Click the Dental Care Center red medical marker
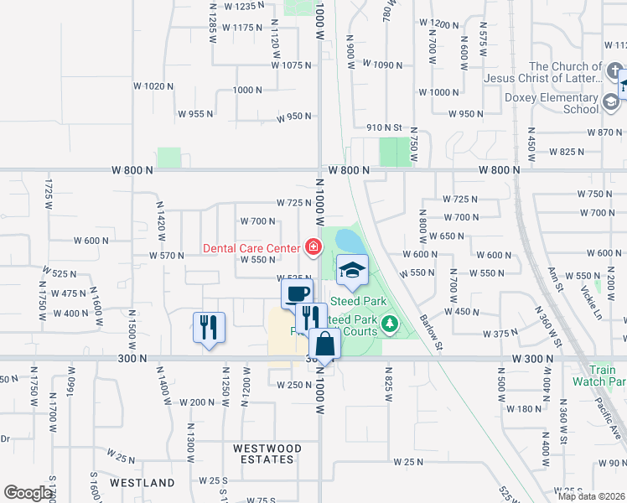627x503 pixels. coord(313,246)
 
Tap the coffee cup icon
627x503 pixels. coord(297,293)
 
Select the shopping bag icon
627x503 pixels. coord(324,343)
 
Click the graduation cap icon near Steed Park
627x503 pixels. coord(352,270)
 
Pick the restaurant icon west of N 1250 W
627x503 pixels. coord(209,326)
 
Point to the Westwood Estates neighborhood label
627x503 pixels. coord(264,454)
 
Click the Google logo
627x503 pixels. coord(28,493)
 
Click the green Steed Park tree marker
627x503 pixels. coord(388,323)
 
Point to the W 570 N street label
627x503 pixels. coord(166,255)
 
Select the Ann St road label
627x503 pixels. coord(552,278)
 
